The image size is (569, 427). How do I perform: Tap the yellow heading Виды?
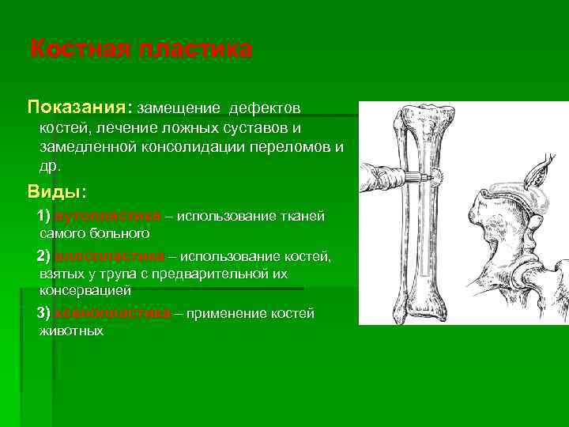(57, 192)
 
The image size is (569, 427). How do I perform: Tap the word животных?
(71, 331)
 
